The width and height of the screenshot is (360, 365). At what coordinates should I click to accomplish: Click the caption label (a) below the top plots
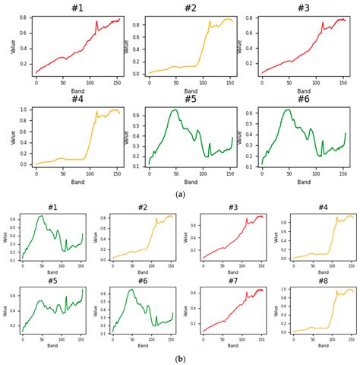coord(180,195)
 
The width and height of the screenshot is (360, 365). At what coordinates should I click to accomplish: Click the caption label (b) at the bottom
coord(180,358)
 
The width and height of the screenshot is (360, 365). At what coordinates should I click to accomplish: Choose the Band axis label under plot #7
coord(233,345)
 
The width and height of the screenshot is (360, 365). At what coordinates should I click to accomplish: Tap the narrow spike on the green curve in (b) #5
coord(65,297)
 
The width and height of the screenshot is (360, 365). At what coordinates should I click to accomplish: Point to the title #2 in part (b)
coord(143,207)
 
